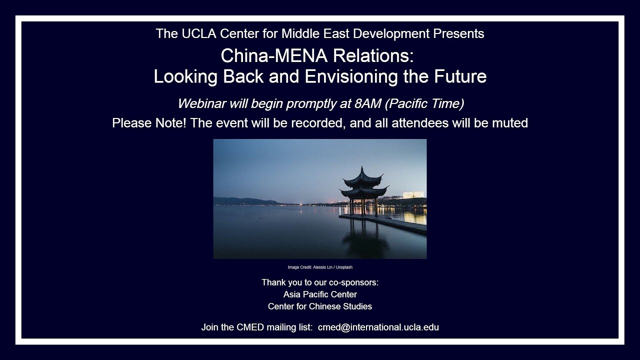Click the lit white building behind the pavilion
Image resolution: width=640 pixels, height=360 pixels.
[x=413, y=194]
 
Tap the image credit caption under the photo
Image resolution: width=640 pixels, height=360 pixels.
[x=320, y=267]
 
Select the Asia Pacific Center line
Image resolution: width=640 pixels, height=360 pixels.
[x=320, y=294]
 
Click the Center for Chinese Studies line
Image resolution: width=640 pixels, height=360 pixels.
[x=320, y=306]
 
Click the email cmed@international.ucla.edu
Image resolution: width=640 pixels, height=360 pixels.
[x=378, y=327]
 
